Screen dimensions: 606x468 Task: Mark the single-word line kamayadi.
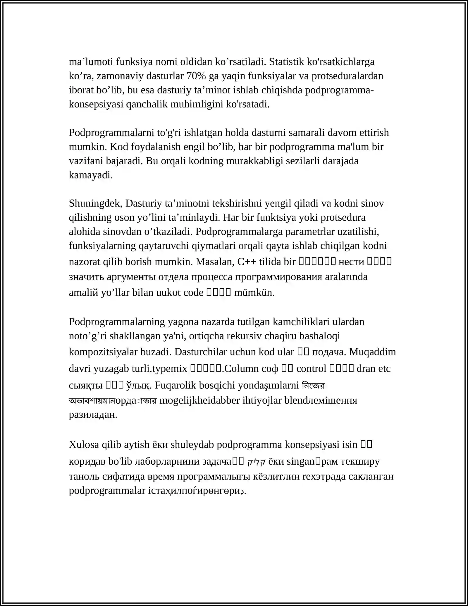(91, 175)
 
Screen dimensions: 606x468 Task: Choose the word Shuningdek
(95, 203)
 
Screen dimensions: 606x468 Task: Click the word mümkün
(254, 292)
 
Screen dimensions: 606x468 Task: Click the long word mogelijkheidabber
(200, 400)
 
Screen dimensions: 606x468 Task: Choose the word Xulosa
(84, 444)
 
